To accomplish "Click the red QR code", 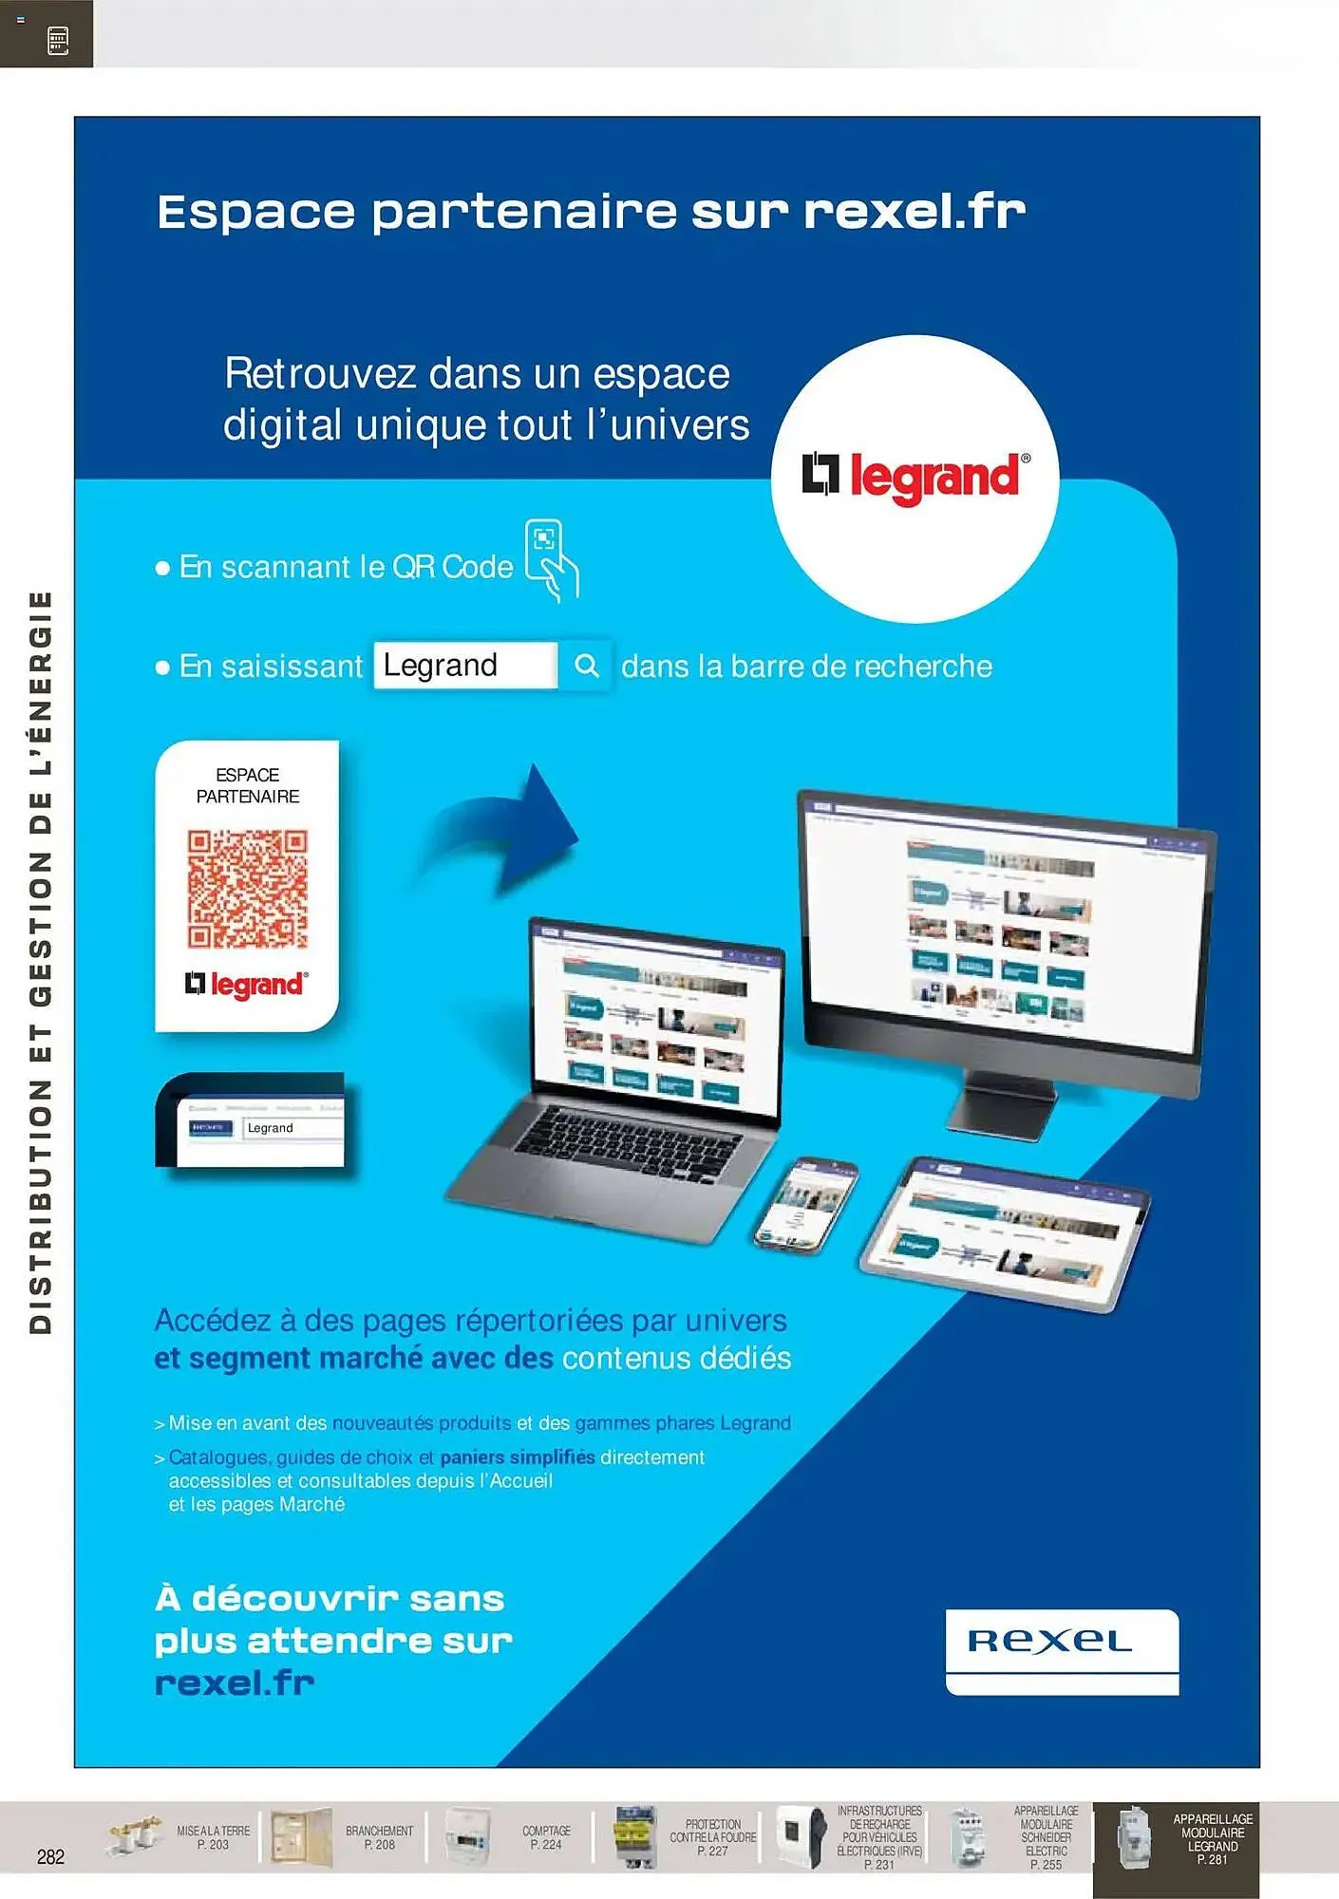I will pos(247,889).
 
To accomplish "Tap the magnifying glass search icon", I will pos(587,666).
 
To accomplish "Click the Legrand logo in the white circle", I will pos(915,476).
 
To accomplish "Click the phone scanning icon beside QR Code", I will pos(552,560).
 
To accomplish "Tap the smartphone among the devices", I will pos(805,1203).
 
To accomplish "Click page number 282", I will pos(50,1856).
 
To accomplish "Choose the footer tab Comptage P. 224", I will pos(546,1837).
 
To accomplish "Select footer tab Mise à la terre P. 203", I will pos(213,1837).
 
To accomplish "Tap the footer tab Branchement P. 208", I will pos(379,1837).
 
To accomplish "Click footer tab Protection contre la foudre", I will pos(712,1837).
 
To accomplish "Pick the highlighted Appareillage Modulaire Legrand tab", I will pos(1211,1839).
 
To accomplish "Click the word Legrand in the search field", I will pos(441,666).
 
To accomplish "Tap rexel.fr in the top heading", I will pos(915,212).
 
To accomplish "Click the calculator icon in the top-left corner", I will pos(57,40).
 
